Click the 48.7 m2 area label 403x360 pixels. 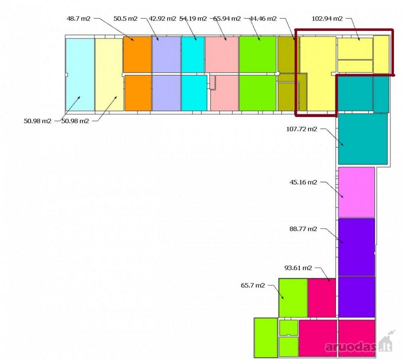[78, 18]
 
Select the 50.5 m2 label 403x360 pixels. [125, 18]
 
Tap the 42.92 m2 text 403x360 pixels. [162, 18]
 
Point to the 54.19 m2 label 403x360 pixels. [193, 18]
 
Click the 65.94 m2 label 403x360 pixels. [227, 18]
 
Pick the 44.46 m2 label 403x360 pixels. [263, 18]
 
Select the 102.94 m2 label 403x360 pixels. [327, 18]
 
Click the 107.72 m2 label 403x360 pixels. [302, 129]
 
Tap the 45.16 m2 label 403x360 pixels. [303, 182]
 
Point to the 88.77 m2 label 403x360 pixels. [303, 229]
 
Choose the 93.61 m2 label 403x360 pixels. [298, 268]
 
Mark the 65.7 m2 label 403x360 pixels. [253, 285]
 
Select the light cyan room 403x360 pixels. [80, 75]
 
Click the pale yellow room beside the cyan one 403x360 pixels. [109, 75]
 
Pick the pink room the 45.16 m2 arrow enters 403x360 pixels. [357, 192]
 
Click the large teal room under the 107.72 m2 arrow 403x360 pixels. [363, 139]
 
